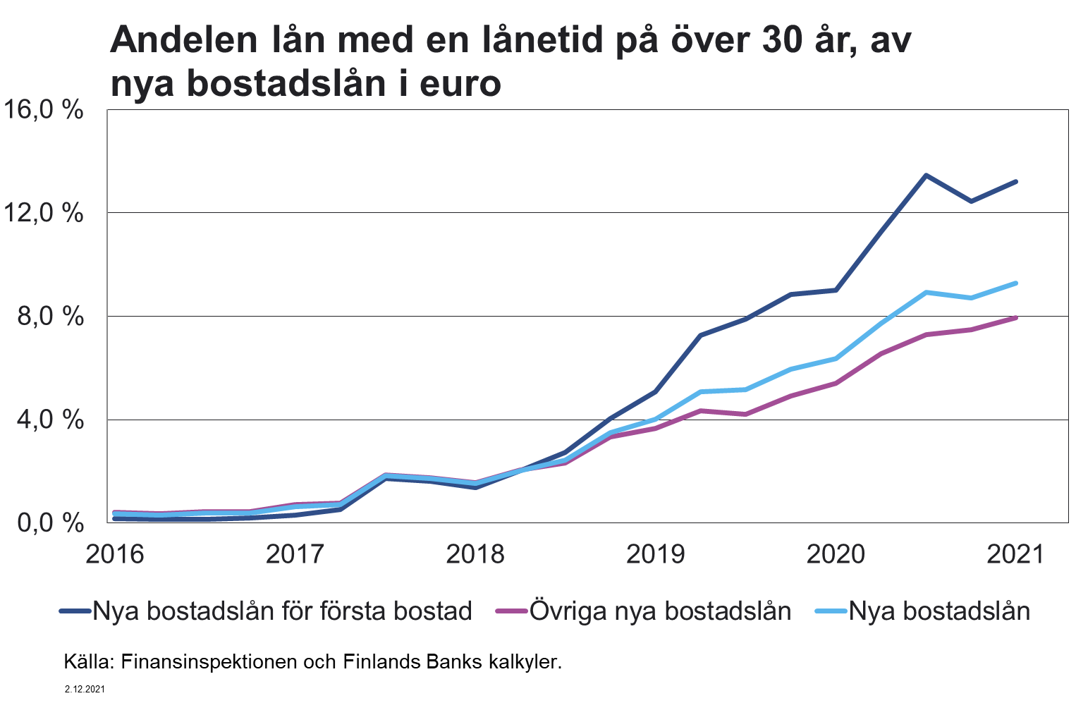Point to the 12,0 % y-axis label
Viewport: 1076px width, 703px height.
click(43, 212)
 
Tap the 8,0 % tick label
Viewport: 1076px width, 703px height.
click(51, 316)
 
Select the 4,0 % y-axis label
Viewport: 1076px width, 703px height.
click(51, 420)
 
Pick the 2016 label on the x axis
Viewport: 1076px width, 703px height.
click(114, 554)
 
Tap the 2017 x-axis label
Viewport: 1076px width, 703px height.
click(295, 554)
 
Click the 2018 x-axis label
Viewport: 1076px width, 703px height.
click(475, 554)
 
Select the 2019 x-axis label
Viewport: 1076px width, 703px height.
click(656, 554)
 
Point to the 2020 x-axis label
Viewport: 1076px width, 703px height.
click(836, 554)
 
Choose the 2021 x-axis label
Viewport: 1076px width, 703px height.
click(1015, 554)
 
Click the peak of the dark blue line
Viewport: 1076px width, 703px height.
click(926, 175)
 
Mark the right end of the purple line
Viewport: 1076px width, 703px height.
click(1015, 317)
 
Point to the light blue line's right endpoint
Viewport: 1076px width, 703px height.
click(1015, 283)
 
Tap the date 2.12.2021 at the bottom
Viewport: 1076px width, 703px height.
click(85, 689)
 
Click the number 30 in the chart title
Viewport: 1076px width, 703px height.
click(782, 40)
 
